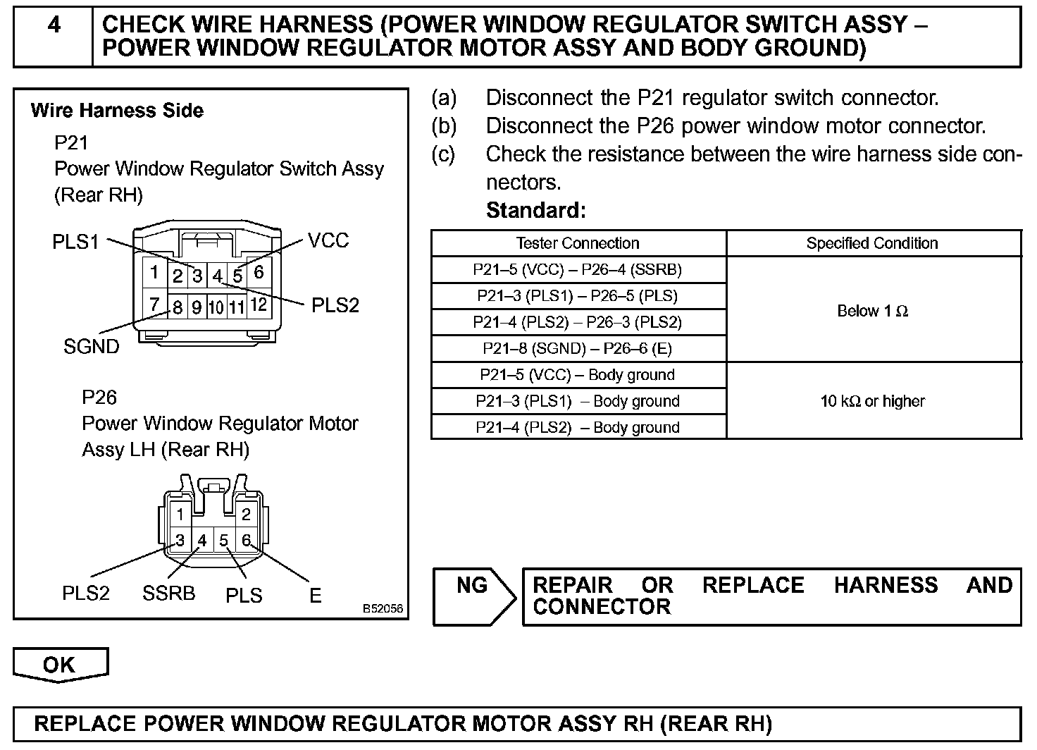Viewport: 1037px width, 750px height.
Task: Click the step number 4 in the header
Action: [54, 26]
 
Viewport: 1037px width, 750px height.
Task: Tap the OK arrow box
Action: [61, 664]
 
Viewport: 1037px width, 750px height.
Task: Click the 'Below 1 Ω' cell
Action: [873, 310]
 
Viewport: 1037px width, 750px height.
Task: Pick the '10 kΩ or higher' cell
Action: [873, 401]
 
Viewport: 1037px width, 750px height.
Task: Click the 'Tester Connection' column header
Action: [578, 243]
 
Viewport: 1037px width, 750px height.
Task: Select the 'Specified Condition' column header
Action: [872, 243]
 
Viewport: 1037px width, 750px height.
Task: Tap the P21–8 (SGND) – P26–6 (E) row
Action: [578, 348]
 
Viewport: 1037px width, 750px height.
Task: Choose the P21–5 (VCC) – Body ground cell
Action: [578, 374]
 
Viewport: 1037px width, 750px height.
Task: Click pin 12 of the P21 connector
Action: [259, 305]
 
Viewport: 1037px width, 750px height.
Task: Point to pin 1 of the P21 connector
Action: [154, 271]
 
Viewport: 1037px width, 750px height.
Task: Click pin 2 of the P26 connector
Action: [246, 514]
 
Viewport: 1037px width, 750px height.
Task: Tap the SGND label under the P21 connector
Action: [92, 346]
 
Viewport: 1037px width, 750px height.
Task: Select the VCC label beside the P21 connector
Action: [328, 240]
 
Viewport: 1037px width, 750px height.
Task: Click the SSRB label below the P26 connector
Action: [168, 594]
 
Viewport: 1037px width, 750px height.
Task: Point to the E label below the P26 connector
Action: [316, 596]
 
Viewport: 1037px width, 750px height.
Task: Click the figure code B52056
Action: [383, 608]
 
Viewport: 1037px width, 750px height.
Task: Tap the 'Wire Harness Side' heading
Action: [117, 111]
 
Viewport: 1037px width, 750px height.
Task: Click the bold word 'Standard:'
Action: [536, 210]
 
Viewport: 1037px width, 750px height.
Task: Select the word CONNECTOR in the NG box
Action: [602, 607]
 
